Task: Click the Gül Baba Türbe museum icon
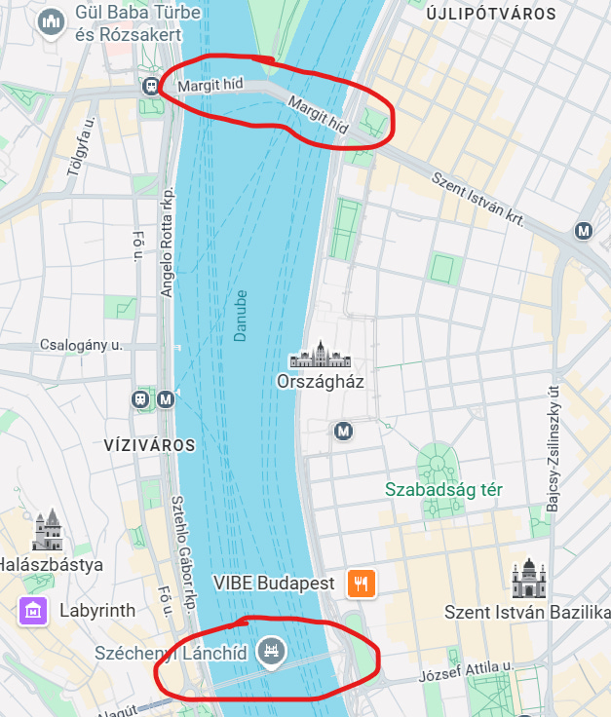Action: tap(50, 21)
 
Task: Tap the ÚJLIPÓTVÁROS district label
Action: tap(491, 15)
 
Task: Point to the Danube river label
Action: tap(240, 315)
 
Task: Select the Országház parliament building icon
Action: tap(320, 355)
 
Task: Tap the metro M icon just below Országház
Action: tap(342, 430)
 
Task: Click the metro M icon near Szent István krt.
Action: tap(583, 231)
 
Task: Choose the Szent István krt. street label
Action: tap(478, 197)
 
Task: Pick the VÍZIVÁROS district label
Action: tap(149, 445)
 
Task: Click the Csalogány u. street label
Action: tap(82, 345)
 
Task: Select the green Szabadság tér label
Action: tap(443, 489)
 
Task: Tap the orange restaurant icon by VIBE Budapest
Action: tap(361, 584)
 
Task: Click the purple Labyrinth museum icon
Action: tap(33, 611)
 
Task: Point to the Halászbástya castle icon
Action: tap(47, 531)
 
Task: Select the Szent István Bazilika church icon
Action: tap(527, 579)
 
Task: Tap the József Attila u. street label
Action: tap(465, 673)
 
